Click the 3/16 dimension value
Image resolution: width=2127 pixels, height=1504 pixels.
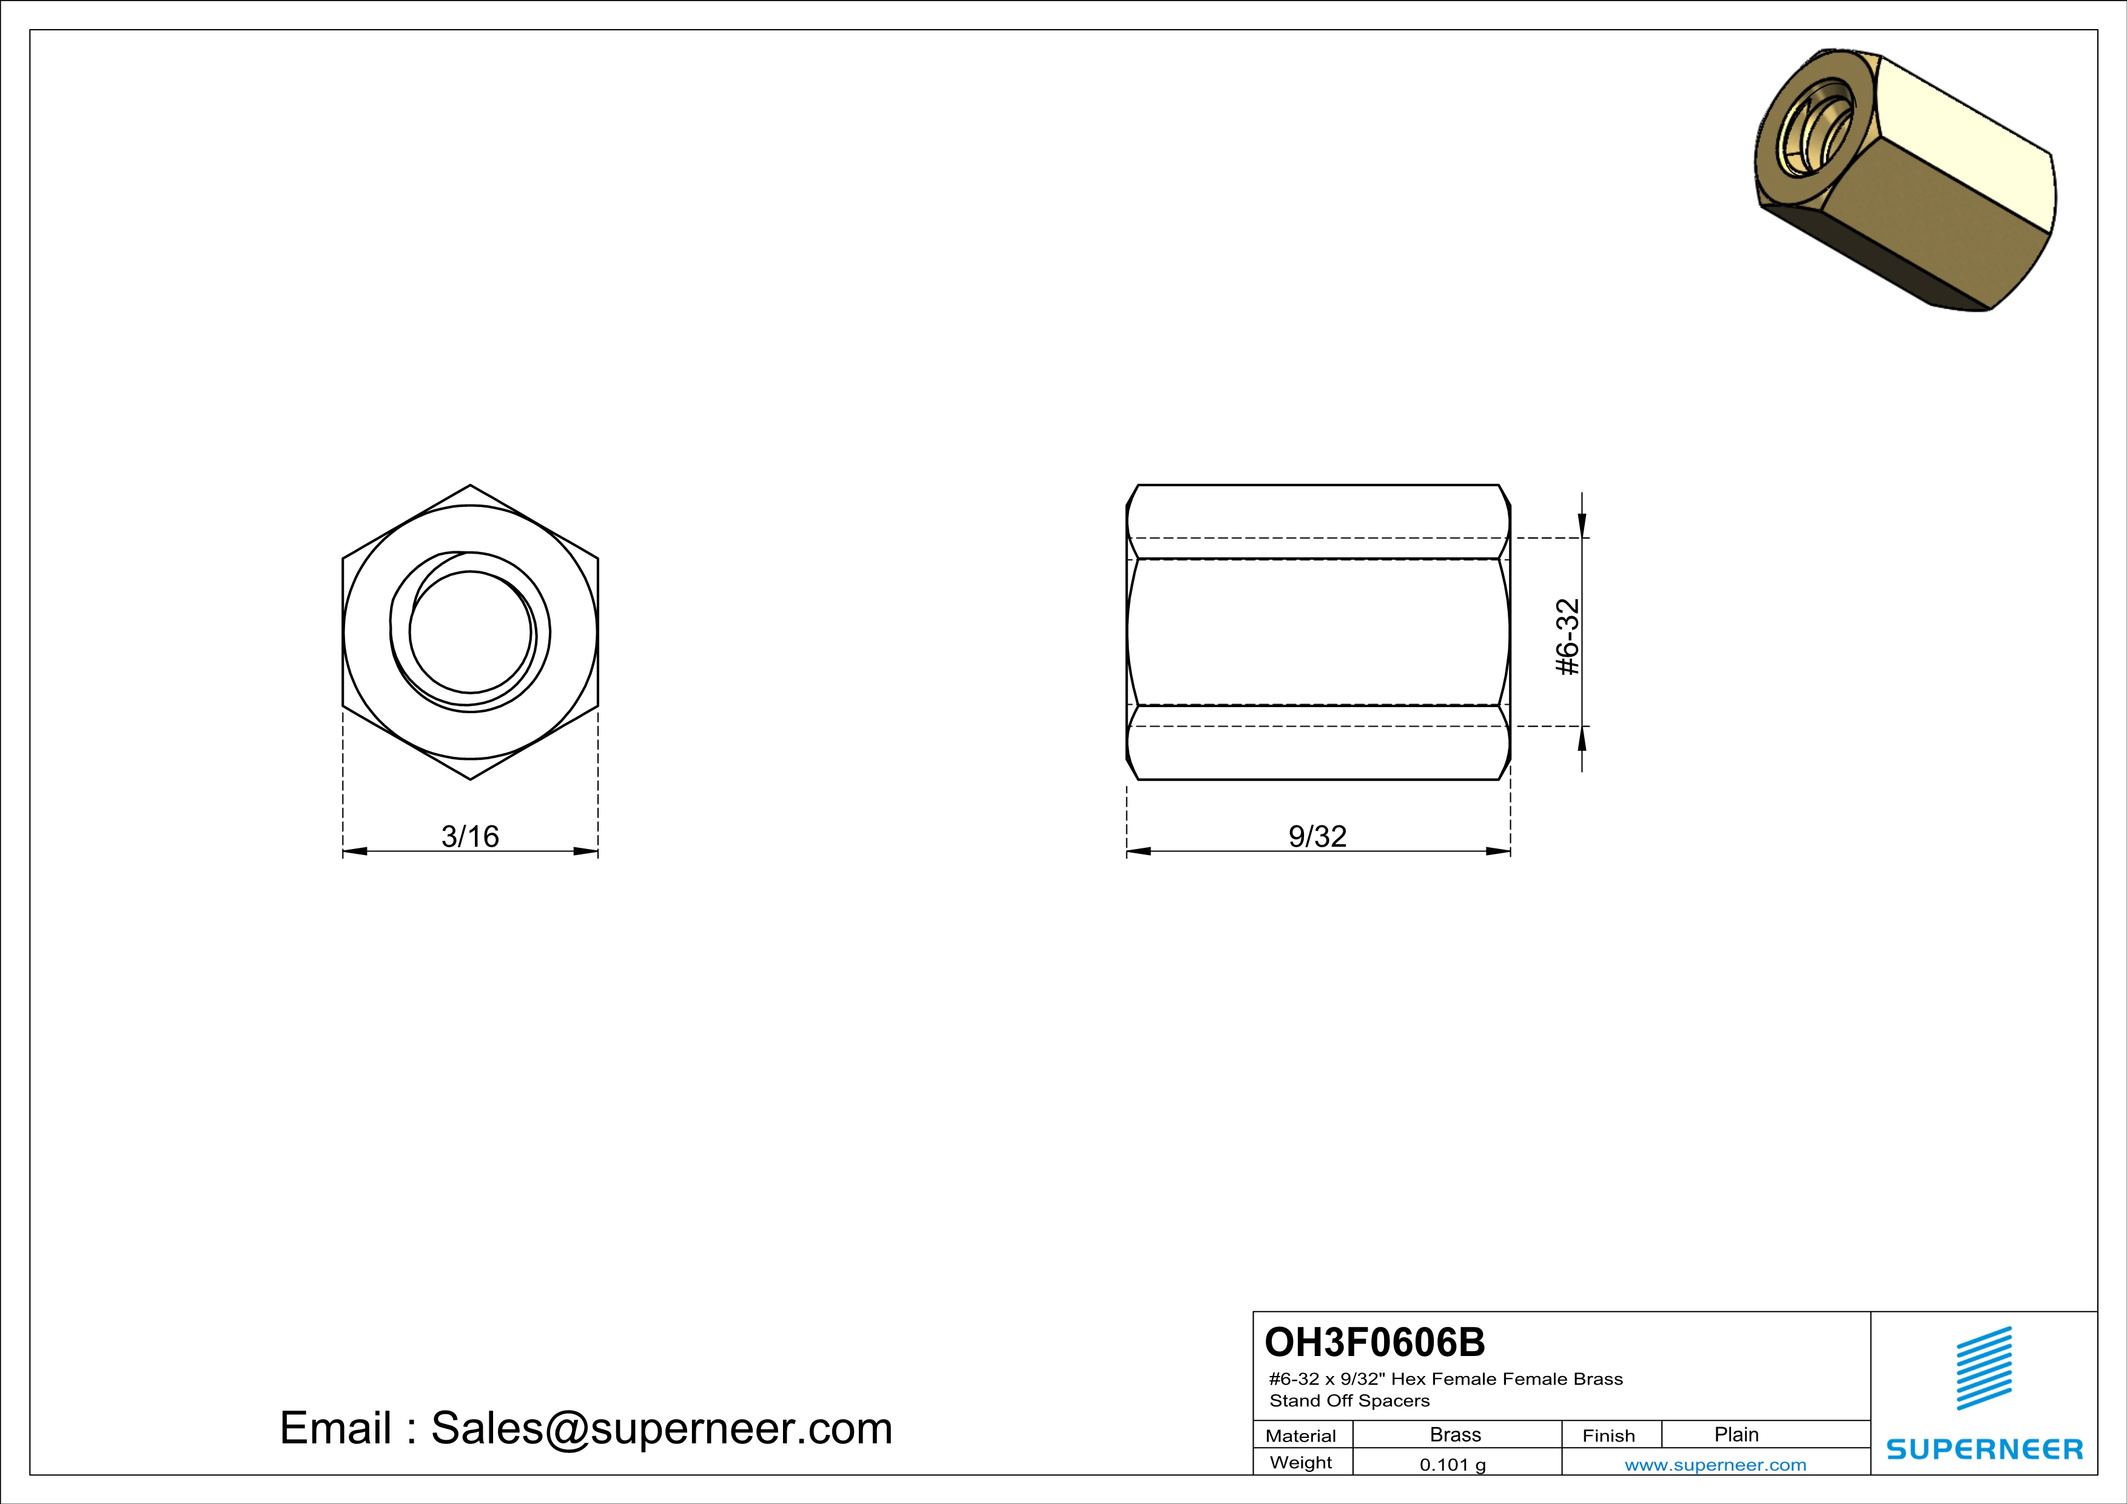point(469,836)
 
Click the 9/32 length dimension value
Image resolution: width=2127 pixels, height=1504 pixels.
point(1317,836)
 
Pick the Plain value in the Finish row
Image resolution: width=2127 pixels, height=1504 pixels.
point(1736,1434)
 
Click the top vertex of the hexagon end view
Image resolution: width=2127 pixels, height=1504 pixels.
point(471,485)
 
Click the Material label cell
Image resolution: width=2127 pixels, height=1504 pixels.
point(1301,1435)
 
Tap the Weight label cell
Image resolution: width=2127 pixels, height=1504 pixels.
point(1301,1462)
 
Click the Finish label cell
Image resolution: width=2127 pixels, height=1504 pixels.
point(1608,1435)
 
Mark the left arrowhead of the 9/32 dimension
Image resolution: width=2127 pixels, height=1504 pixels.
point(1138,851)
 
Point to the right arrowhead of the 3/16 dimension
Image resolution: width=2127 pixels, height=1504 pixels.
point(585,851)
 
